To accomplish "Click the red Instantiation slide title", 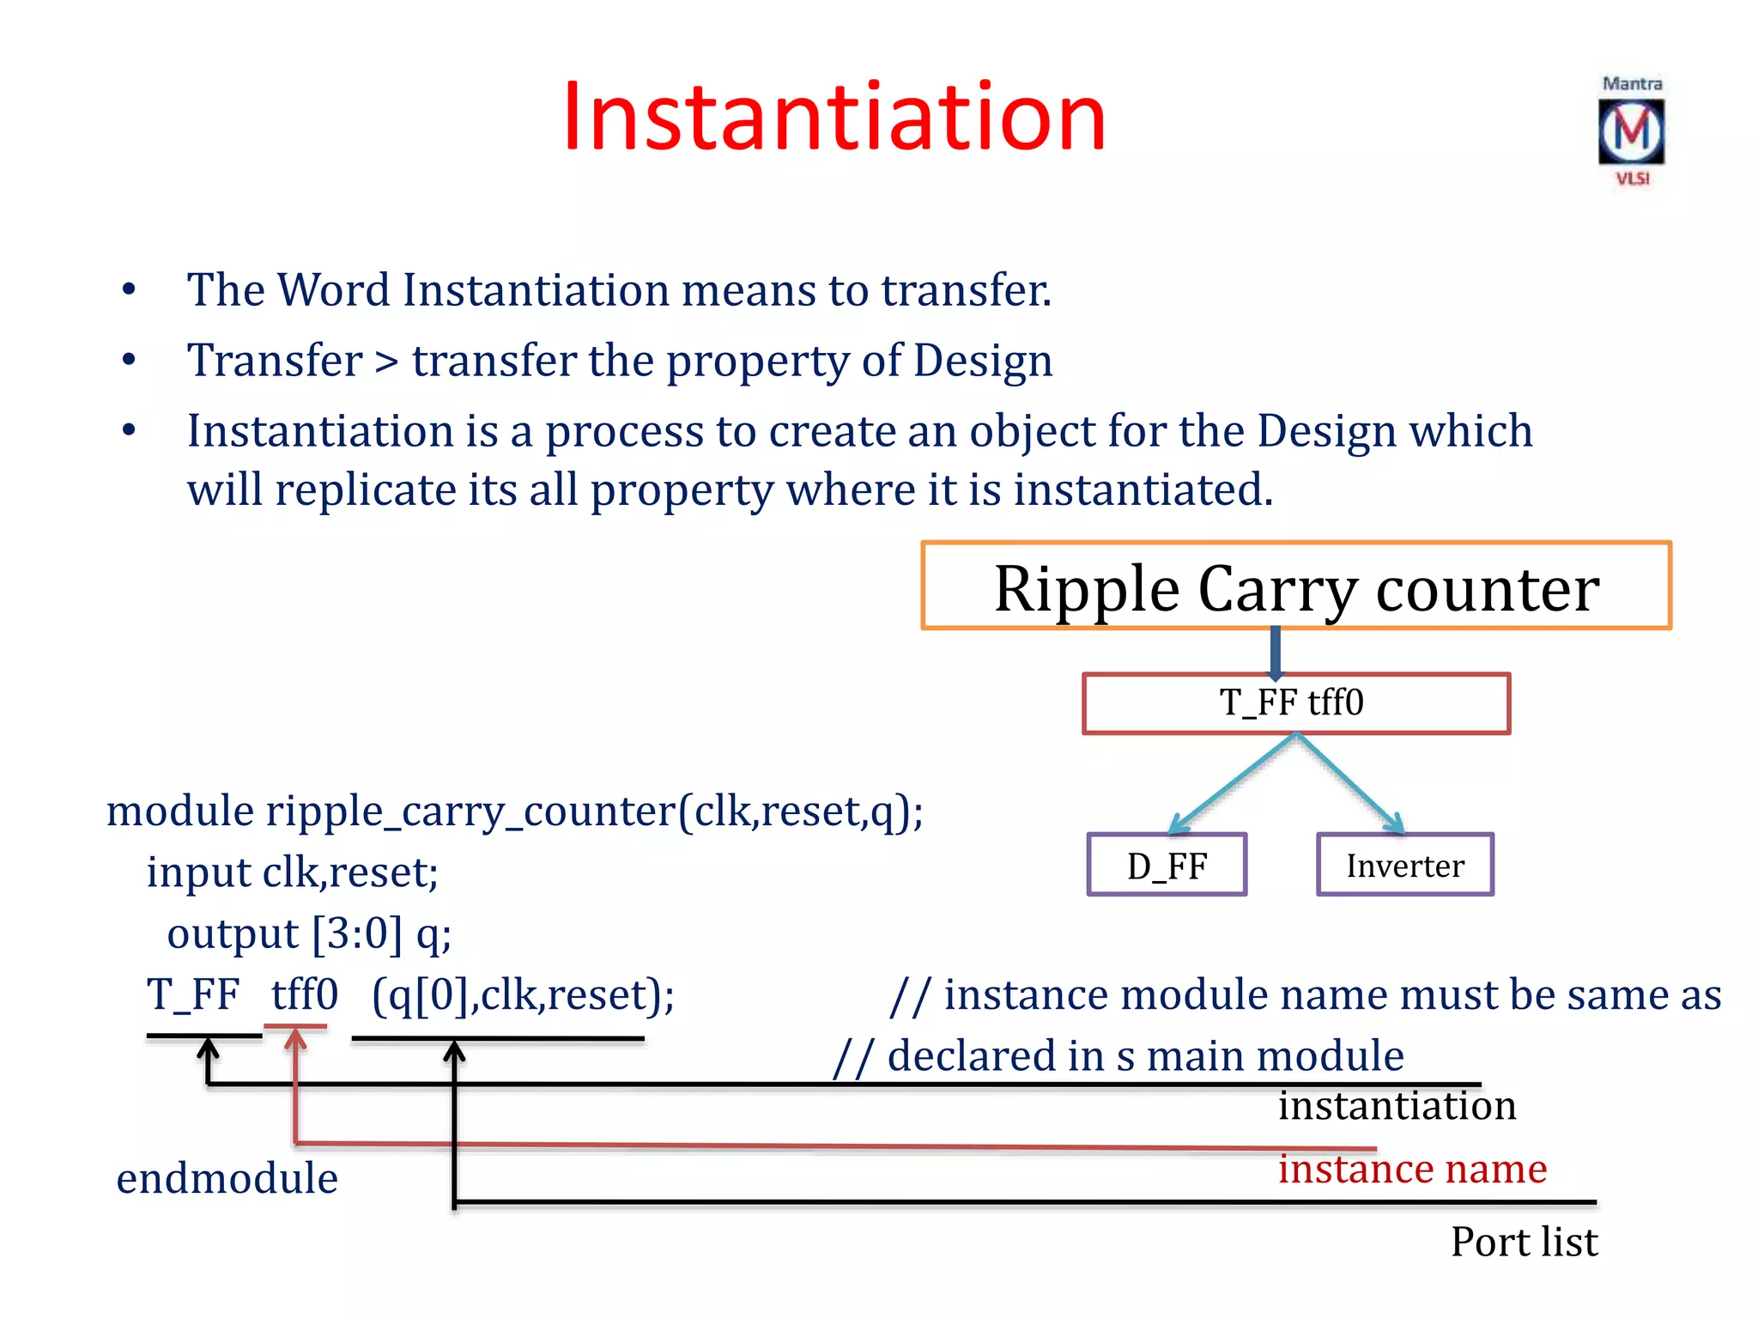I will point(834,117).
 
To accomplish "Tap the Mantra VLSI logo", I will point(1631,131).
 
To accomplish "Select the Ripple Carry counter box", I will point(1296,587).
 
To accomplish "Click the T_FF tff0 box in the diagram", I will point(1296,703).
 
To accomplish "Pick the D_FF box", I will point(1167,865).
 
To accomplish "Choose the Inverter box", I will point(1405,865).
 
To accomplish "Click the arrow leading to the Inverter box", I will point(1351,784).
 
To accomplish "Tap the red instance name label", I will point(1412,1170).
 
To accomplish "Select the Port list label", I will point(1524,1242).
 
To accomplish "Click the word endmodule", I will point(227,1178).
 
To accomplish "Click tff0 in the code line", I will point(305,994).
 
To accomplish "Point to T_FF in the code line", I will point(192,994).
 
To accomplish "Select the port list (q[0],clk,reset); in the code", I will point(523,994).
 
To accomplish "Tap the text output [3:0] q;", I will point(309,933).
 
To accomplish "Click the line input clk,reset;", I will point(292,872).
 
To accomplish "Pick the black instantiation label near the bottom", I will point(1397,1106).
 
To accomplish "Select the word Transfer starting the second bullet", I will point(275,361).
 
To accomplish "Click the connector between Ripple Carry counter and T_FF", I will point(1276,653).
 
